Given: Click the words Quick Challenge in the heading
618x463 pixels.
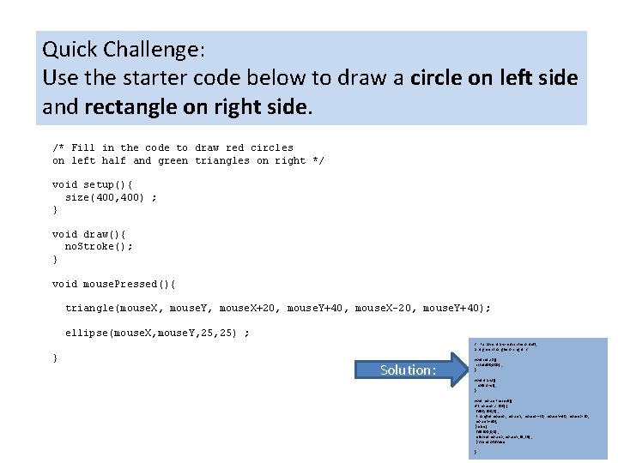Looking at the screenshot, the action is click(x=121, y=50).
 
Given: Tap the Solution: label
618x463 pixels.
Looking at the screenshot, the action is click(x=409, y=370).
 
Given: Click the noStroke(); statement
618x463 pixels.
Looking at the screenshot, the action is click(x=99, y=246).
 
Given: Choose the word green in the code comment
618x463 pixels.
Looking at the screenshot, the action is click(x=173, y=160).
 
